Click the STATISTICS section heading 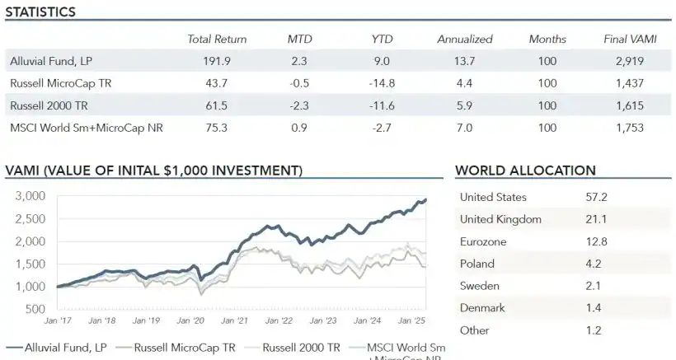(x=40, y=12)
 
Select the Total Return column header (x=217, y=39)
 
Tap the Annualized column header (x=464, y=39)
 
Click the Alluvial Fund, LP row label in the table (x=50, y=61)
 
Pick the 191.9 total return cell (x=217, y=61)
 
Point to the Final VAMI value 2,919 (x=628, y=61)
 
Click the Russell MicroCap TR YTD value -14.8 (x=382, y=83)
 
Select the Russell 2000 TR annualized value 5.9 (x=464, y=105)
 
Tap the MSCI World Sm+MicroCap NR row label (x=77, y=128)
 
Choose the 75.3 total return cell (x=217, y=128)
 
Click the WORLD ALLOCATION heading (x=525, y=171)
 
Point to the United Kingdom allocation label (x=500, y=219)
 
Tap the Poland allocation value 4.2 (x=594, y=264)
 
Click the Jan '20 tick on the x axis (x=192, y=320)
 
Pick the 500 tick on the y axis (x=35, y=309)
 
